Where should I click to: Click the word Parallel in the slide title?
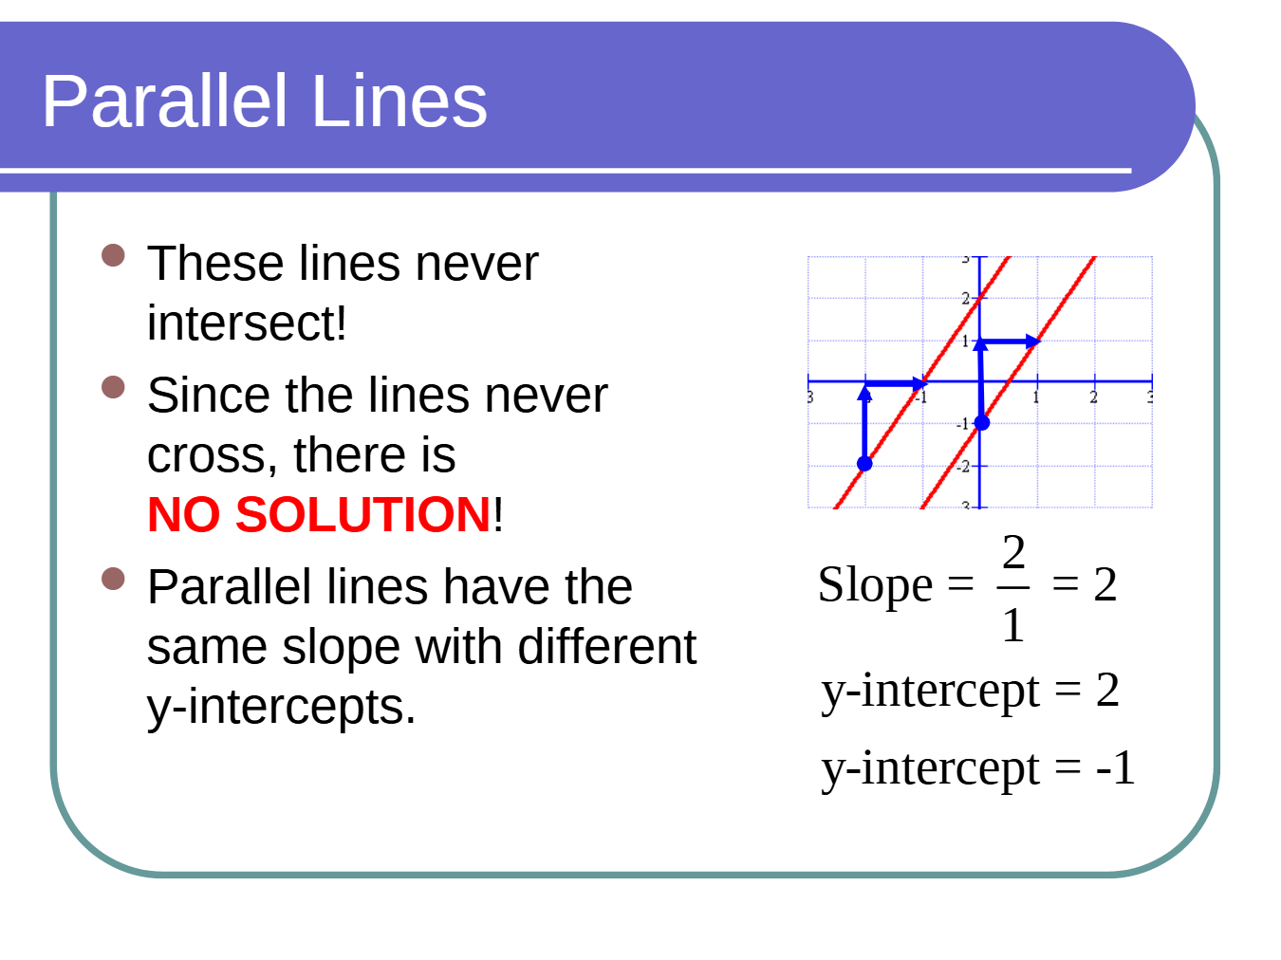pos(164,101)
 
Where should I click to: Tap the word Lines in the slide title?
pos(399,101)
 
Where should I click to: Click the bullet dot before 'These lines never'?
pos(113,255)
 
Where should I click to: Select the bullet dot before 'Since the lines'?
pos(113,387)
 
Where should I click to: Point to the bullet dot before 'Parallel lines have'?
pos(113,579)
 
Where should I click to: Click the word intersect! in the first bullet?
pos(247,323)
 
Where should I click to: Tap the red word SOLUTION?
pos(362,514)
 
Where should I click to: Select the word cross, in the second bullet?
pos(213,456)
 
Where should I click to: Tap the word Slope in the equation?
pos(876,586)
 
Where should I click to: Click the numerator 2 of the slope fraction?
pos(1013,552)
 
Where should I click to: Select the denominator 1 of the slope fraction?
pos(1013,625)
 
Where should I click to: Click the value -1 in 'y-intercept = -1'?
pos(1115,767)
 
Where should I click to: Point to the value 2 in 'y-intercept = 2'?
pos(1107,690)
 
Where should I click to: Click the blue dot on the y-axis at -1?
pos(982,423)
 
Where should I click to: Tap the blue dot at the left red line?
pos(864,464)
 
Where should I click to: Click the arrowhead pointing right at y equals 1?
pos(1033,342)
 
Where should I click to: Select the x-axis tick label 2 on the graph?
pos(1094,397)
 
